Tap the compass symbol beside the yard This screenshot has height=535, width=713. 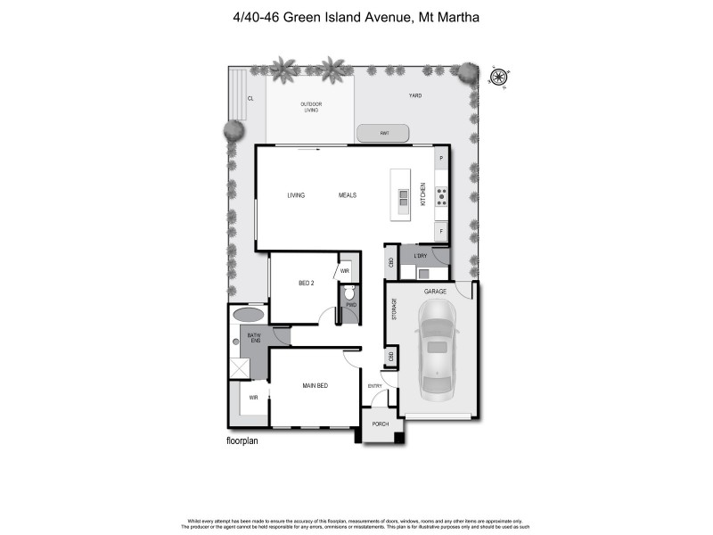[499, 77]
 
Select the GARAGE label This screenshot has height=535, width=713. [435, 292]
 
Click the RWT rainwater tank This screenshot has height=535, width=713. [383, 134]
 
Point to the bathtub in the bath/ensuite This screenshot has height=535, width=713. [249, 315]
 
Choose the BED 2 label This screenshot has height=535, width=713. [306, 284]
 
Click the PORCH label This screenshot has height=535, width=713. [381, 424]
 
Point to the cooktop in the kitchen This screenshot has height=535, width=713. [440, 197]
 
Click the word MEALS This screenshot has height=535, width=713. [348, 195]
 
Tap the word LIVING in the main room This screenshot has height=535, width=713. [296, 195]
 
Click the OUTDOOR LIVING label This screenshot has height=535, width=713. [311, 107]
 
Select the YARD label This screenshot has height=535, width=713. [414, 95]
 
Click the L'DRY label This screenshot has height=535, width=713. [421, 257]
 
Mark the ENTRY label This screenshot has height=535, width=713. [376, 385]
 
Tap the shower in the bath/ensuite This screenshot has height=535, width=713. [240, 369]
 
